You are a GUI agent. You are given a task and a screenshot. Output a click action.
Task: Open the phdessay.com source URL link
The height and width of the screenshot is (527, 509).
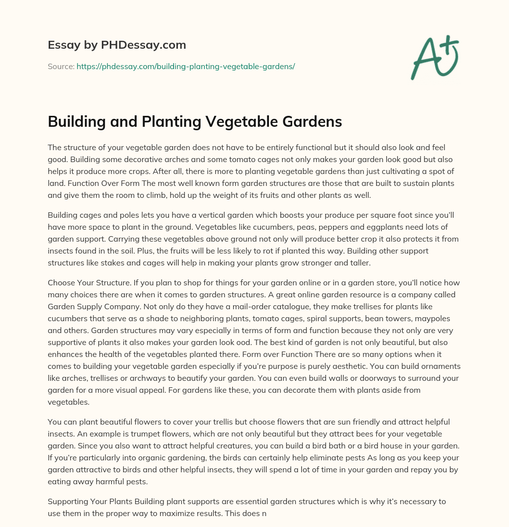185,66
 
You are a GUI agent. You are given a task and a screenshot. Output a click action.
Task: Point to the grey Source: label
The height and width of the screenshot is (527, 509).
61,66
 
